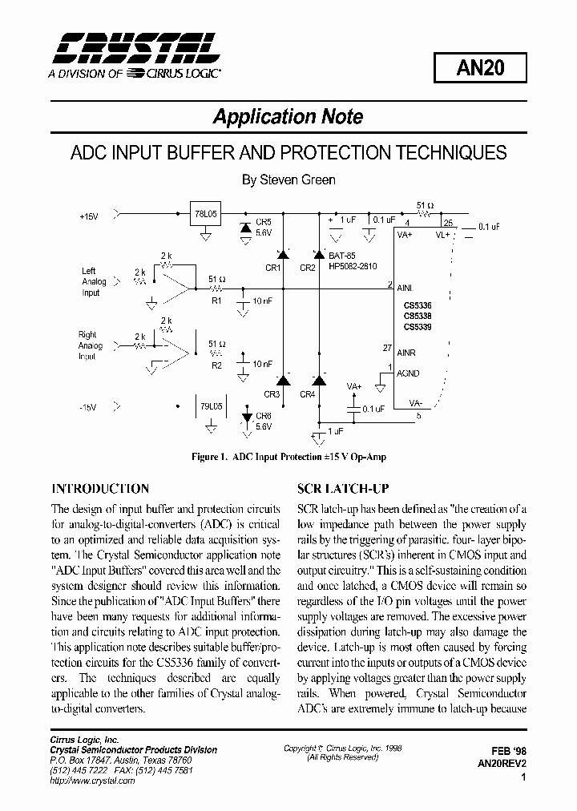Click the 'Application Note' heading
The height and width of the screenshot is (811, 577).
click(288, 117)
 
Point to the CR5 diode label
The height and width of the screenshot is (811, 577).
click(264, 222)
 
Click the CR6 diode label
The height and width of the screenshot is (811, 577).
click(264, 417)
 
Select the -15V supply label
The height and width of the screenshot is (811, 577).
click(88, 408)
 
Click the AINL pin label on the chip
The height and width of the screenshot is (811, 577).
click(406, 286)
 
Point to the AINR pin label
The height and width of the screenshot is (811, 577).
click(406, 352)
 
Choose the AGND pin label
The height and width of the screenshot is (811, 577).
click(408, 373)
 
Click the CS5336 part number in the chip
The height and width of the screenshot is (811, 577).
click(417, 305)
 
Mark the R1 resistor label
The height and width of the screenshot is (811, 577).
click(215, 301)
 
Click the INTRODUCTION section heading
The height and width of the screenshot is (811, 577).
click(100, 488)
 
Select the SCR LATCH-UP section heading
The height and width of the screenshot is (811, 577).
click(343, 488)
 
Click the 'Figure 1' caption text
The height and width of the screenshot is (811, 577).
click(288, 457)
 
